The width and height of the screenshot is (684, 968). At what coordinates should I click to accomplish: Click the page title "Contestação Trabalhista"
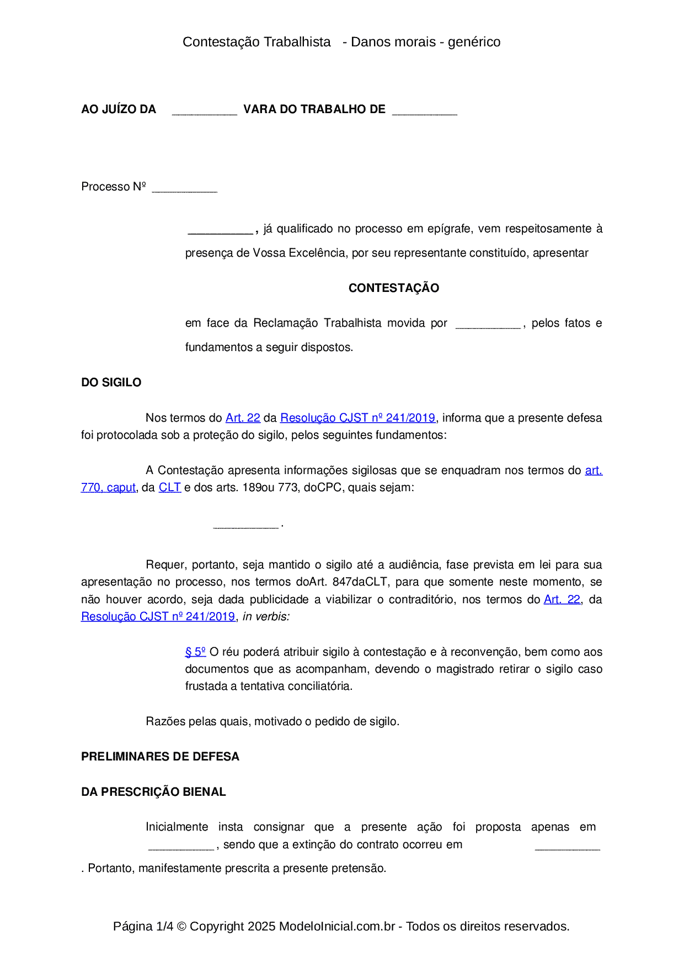tap(256, 42)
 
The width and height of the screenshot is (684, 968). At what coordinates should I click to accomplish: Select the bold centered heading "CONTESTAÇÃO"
tap(394, 288)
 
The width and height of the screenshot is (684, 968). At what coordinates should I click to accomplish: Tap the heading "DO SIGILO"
tap(111, 382)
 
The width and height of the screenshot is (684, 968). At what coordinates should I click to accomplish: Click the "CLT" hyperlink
tap(170, 488)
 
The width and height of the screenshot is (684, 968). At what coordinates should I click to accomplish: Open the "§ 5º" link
tap(195, 652)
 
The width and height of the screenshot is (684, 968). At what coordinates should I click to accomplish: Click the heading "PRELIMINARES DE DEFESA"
tap(160, 757)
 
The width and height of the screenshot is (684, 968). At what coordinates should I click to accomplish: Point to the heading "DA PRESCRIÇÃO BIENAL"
tap(153, 792)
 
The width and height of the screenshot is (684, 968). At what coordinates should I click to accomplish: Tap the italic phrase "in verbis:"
tap(266, 617)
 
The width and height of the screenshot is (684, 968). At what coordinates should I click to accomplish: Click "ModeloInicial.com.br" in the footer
tap(337, 926)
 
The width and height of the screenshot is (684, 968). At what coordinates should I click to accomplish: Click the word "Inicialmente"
tap(177, 827)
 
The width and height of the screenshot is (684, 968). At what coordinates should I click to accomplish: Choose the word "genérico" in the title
tap(474, 42)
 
